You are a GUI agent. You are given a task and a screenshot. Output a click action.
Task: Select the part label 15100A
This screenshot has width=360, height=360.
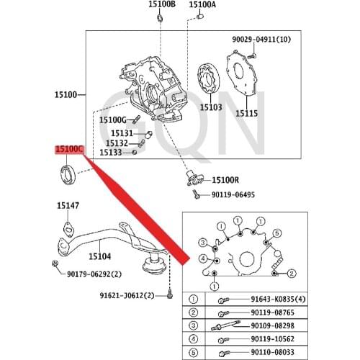[x=202, y=4]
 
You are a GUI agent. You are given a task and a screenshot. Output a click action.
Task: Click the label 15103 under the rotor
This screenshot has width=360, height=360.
[x=210, y=107]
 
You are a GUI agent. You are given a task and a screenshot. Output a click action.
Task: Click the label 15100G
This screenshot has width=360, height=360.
[x=113, y=120]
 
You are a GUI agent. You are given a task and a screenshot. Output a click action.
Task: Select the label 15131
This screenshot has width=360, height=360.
[x=122, y=133]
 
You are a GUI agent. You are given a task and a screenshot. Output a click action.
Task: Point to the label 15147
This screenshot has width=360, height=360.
[x=68, y=206]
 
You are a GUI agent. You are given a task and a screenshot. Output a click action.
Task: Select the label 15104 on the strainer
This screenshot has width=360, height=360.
[x=100, y=256]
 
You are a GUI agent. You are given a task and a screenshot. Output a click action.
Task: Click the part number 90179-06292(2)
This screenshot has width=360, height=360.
[x=94, y=274]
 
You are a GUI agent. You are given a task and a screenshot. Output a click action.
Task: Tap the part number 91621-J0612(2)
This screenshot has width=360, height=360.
[x=127, y=295]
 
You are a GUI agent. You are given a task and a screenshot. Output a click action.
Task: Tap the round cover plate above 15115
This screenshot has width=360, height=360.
[x=242, y=77]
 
